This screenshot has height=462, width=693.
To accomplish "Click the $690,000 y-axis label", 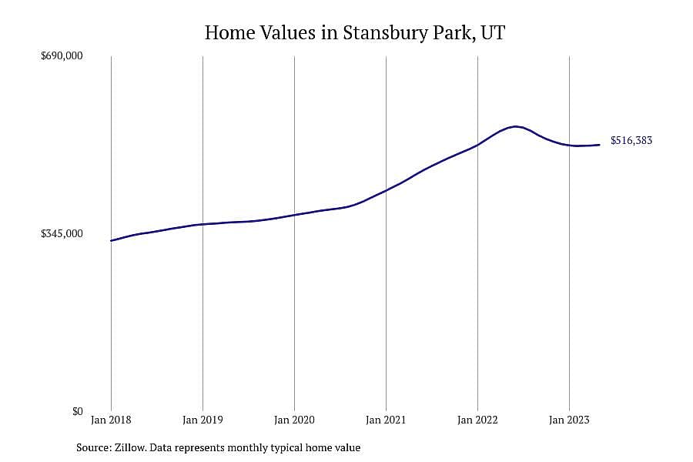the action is [x=62, y=56].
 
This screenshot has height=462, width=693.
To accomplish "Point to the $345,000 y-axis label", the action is [x=62, y=234].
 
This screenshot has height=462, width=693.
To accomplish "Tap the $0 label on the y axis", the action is [x=77, y=412].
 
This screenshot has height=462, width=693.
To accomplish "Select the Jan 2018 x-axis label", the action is [x=111, y=420].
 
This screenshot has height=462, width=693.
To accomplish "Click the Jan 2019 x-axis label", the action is [x=203, y=420].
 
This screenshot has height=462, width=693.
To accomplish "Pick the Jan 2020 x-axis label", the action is [x=294, y=420].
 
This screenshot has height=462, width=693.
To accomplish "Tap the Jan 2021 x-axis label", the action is [x=386, y=420].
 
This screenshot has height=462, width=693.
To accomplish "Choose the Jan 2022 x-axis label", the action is [x=477, y=420].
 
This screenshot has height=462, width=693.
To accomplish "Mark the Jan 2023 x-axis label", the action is [x=569, y=420].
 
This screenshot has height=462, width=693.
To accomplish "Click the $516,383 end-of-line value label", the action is [x=631, y=141].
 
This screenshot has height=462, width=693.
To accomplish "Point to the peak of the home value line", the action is [x=515, y=126].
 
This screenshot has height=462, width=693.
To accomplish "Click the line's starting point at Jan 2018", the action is [x=111, y=240].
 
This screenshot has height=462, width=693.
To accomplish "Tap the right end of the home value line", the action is [x=599, y=145].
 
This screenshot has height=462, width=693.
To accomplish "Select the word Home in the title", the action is [x=229, y=33].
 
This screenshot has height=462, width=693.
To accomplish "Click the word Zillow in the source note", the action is [x=131, y=448].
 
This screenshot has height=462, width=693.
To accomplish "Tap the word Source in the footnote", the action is [x=93, y=448].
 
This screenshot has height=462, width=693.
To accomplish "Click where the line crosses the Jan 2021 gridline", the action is [x=386, y=190].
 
